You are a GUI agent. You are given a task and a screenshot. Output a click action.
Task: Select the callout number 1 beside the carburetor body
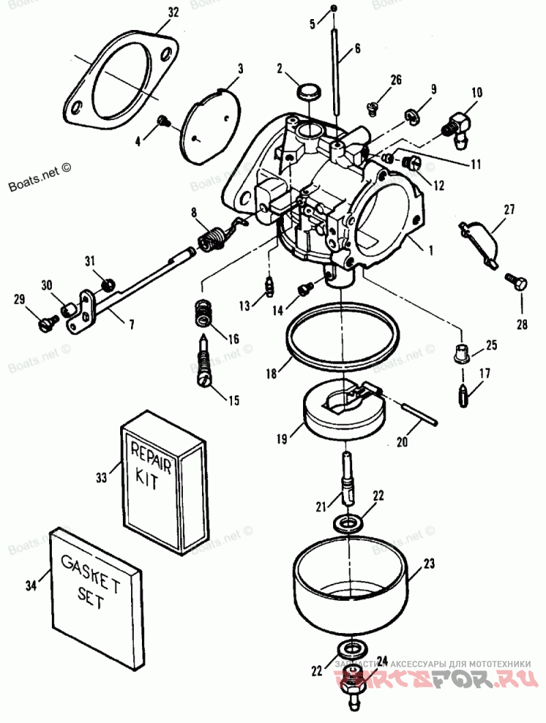tap(430, 250)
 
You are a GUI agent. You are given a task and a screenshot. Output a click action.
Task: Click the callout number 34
tap(29, 585)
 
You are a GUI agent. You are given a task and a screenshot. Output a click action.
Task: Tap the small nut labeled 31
tap(107, 282)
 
